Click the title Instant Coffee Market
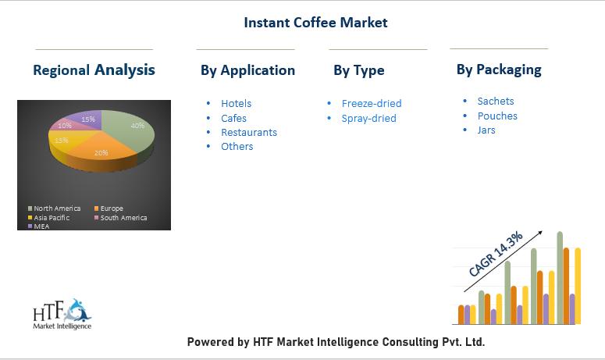315,23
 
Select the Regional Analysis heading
94,70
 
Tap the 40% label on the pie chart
137,126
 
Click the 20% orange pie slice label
101,153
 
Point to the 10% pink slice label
65,126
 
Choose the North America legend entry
55,209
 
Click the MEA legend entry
38,226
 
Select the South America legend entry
121,218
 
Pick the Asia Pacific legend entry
48,218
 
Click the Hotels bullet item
236,103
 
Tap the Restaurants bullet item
249,132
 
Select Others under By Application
237,147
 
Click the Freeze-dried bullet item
372,103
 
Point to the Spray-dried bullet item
369,119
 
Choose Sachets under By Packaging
496,101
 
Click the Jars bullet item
486,130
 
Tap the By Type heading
359,70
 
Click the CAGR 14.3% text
496,254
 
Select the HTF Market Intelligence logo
62,314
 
